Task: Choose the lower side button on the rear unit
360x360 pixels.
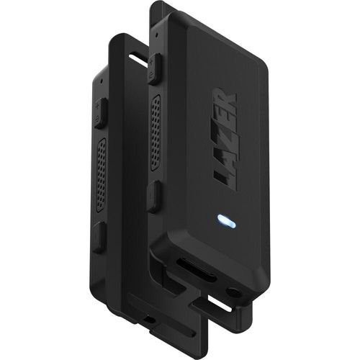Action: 100,235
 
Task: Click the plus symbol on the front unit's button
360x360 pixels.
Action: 150,74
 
